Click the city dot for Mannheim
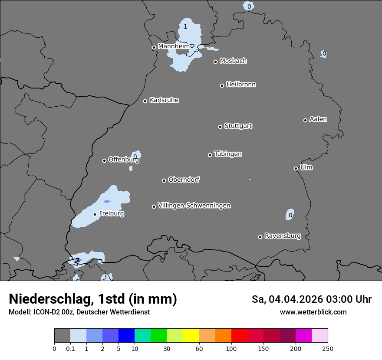(154, 48)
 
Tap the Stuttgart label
(238, 126)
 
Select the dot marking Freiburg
(95, 214)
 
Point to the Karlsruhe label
(164, 100)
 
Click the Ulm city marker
(296, 168)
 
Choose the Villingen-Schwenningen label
(194, 206)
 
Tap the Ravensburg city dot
(260, 237)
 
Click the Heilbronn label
(241, 85)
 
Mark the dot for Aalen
(305, 120)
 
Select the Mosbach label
(233, 61)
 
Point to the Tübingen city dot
(210, 155)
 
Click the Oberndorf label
(184, 180)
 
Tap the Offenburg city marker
(104, 160)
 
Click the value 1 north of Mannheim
(185, 27)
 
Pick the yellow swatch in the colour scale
(191, 336)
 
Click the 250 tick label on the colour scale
(328, 348)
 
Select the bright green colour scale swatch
(158, 336)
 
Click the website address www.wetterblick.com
(313, 312)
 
